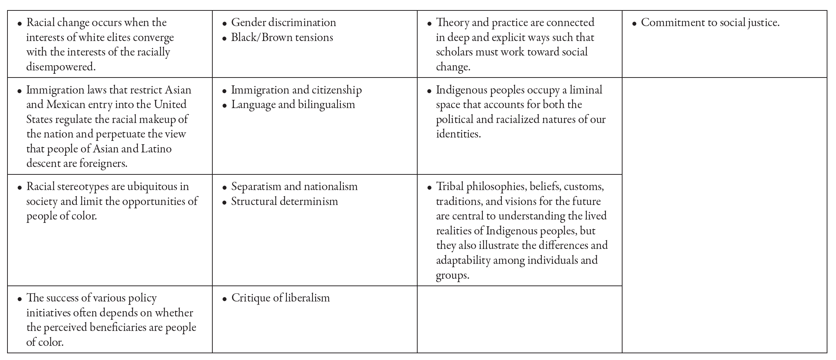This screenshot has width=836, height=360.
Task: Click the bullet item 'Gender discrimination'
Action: [x=284, y=22]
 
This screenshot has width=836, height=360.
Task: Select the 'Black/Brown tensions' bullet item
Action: [x=282, y=37]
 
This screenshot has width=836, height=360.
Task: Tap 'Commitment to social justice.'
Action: [x=710, y=22]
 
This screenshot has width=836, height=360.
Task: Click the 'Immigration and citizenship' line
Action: [x=297, y=90]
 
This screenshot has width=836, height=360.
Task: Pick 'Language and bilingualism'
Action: [x=293, y=104]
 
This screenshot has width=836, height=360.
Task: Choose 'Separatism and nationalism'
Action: [x=294, y=186]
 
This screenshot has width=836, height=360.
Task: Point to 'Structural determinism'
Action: [x=285, y=201]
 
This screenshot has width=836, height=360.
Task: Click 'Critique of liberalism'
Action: [x=281, y=298]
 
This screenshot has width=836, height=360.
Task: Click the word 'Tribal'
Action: [x=450, y=186]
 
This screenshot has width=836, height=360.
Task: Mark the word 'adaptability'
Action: [x=463, y=260]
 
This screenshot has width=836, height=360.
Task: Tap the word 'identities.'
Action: [x=458, y=134]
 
